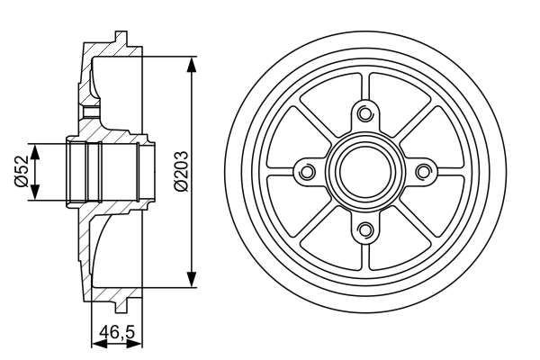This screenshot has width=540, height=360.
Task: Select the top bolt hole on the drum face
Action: coord(364,113)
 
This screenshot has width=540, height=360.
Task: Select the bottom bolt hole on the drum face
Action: coord(364,229)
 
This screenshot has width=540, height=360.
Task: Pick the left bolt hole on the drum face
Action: coord(306,171)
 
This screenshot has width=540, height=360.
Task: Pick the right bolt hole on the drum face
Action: coord(422,171)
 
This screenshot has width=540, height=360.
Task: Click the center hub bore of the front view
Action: coord(364,171)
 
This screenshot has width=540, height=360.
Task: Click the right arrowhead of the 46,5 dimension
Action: coord(139,344)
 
